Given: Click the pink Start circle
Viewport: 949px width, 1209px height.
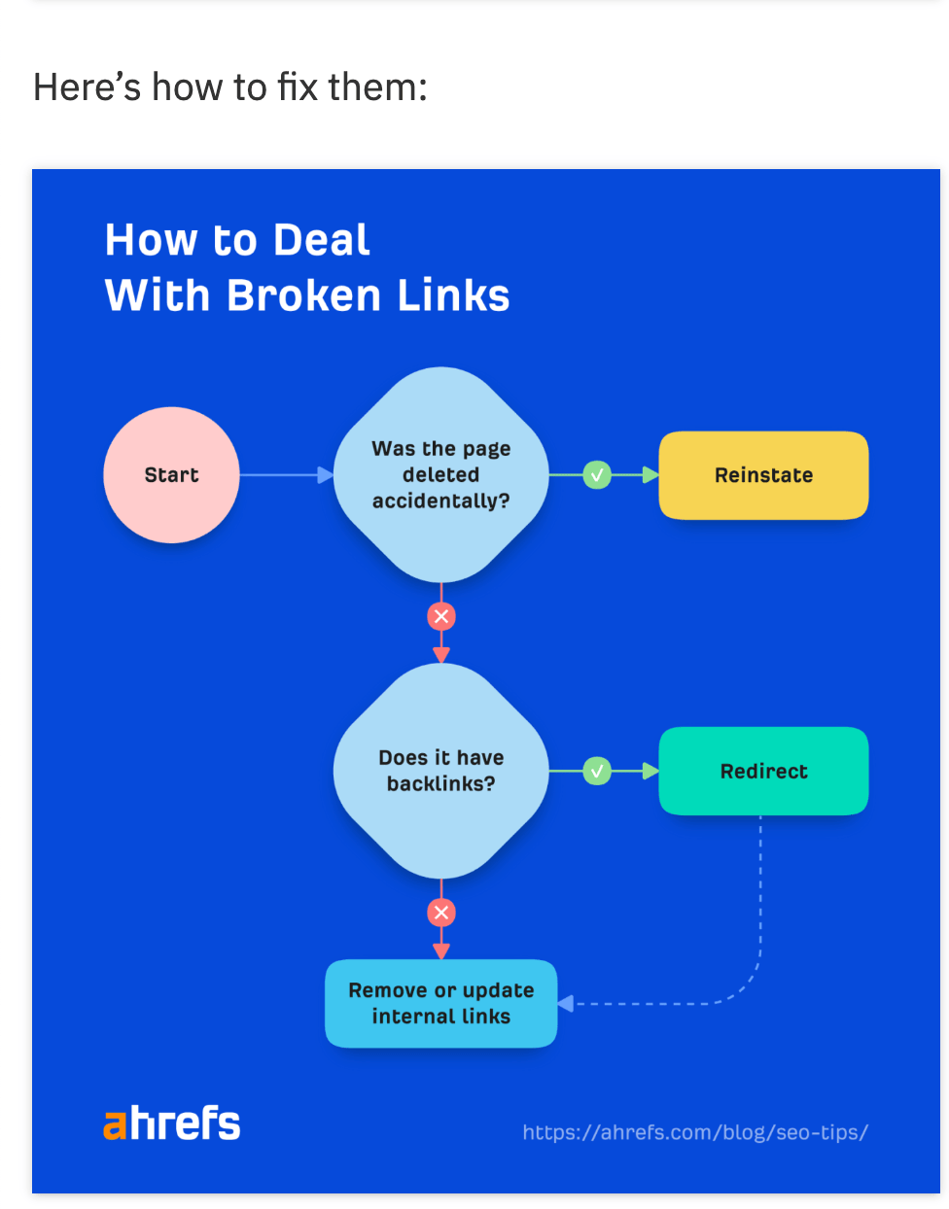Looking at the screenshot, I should point(171,475).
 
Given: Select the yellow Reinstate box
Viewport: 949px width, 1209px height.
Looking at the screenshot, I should point(763,475).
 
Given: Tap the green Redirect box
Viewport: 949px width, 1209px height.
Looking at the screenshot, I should point(763,771).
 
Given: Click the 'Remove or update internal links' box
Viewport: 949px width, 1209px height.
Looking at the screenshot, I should point(440,1003).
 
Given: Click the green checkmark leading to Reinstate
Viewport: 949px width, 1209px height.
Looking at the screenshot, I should point(597,475).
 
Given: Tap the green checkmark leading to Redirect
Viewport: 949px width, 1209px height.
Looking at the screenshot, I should point(597,771).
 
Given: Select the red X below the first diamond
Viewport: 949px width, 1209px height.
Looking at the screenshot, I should point(441,616).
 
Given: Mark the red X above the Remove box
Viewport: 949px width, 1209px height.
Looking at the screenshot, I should point(441,912).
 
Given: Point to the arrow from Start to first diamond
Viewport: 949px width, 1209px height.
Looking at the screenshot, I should point(287,475).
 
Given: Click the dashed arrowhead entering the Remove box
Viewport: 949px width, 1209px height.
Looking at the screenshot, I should point(566,1003).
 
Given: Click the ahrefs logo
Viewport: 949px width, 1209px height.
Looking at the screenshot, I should point(172,1123).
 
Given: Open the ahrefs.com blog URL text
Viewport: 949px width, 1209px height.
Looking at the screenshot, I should point(694,1132).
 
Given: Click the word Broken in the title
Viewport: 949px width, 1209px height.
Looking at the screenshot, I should point(303,295).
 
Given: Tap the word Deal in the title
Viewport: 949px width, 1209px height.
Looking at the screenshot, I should point(321,240).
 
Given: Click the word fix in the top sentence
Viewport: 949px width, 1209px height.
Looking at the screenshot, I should point(298,87).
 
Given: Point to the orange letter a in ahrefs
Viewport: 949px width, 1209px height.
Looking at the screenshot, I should point(115,1125).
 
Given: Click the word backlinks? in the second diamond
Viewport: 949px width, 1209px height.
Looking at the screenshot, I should point(440,783).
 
